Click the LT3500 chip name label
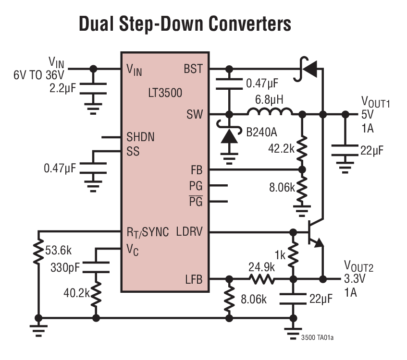tap(165, 93)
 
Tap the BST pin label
tap(193, 69)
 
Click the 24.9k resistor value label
tap(261, 266)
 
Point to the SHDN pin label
tap(140, 137)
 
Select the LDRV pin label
tap(189, 232)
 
